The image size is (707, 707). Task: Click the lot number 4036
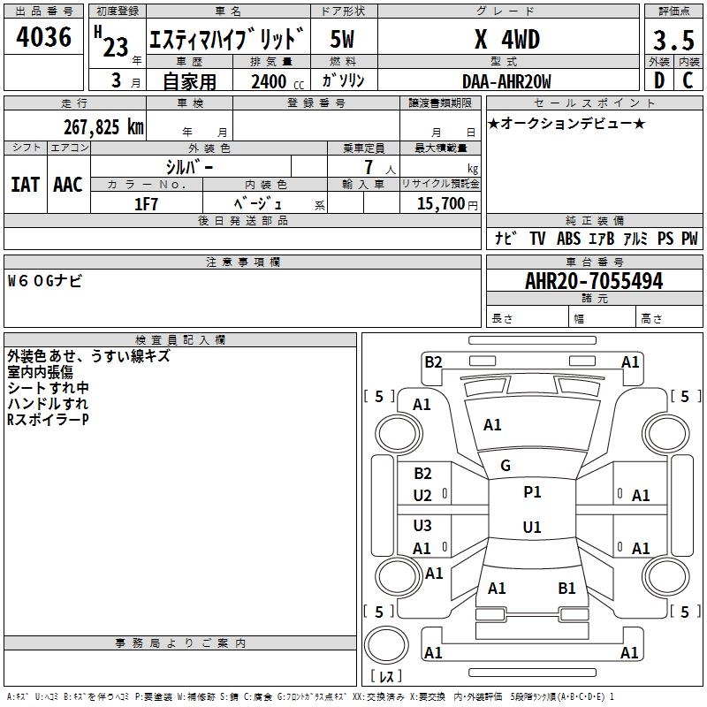tap(43, 36)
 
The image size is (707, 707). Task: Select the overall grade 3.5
tap(673, 40)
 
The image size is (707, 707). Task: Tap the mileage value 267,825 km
tap(103, 127)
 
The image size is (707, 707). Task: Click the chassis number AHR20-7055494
tap(594, 281)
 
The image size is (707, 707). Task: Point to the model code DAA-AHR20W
tap(506, 81)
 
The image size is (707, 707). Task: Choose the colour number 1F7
tap(146, 204)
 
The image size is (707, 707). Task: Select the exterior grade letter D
tap(659, 80)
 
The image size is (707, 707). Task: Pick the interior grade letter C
tap(688, 80)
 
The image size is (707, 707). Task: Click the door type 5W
tap(342, 39)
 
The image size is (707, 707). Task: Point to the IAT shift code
tap(25, 185)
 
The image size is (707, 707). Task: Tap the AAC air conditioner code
tap(68, 185)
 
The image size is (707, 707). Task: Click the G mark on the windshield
tap(506, 466)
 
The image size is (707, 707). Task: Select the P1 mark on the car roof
tap(532, 492)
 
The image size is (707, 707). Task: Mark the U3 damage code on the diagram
tap(422, 525)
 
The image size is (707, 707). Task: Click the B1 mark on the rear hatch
tap(566, 588)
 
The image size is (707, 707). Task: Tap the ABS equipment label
tap(568, 239)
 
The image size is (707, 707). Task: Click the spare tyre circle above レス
tap(386, 644)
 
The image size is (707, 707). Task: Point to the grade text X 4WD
tap(507, 39)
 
